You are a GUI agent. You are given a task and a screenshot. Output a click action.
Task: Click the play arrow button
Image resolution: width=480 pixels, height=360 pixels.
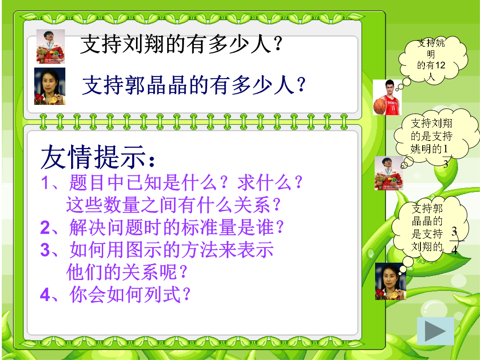[435, 331]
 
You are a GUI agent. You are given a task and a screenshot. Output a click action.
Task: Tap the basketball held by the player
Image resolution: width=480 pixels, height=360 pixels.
[380, 105]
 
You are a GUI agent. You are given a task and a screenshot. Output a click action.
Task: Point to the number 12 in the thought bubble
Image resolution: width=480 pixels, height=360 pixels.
[440, 65]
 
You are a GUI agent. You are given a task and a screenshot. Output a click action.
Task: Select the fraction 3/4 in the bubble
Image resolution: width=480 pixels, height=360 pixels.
[455, 240]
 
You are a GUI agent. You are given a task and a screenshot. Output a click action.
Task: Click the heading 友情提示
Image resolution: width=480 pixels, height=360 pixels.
[98, 157]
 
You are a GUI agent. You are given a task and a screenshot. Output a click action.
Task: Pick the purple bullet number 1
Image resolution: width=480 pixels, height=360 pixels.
[45, 183]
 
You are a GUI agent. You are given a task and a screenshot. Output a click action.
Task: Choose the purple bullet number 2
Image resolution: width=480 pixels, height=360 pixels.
[45, 228]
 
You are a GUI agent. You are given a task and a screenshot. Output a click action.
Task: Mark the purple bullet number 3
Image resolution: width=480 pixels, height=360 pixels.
[45, 250]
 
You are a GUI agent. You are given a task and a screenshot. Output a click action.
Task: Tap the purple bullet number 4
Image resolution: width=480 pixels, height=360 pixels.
[45, 295]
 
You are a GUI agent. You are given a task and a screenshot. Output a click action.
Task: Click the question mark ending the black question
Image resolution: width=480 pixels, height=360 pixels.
[278, 44]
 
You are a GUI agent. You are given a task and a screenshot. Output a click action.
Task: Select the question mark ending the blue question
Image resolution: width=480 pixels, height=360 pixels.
[301, 84]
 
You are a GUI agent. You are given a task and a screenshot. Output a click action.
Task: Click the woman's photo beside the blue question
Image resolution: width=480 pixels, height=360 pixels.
[50, 86]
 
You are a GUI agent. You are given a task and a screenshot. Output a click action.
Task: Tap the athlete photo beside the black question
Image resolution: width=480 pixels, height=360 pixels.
[51, 47]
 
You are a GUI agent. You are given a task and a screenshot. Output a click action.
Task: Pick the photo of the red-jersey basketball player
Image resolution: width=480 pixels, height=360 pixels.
[387, 97]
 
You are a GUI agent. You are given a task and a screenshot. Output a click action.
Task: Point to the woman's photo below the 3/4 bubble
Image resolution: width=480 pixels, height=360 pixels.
[391, 281]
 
